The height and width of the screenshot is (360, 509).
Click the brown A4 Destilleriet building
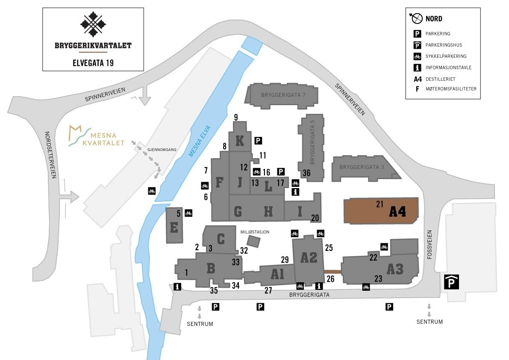[x=380, y=210]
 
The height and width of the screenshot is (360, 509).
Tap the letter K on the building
[x=240, y=140]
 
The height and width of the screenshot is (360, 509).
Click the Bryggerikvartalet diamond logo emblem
[x=93, y=24]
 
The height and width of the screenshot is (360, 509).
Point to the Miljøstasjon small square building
[x=253, y=242]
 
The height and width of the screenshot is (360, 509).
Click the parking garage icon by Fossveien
[x=451, y=282]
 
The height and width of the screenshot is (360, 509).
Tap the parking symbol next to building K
[x=258, y=140]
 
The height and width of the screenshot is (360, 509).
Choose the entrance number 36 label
[x=306, y=173]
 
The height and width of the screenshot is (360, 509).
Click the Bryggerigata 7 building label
[x=283, y=94]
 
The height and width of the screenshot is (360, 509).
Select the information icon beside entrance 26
[x=318, y=286]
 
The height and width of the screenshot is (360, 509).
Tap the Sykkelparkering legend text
[x=446, y=56]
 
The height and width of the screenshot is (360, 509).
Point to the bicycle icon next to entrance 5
[x=188, y=213]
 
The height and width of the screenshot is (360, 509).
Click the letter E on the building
[x=174, y=227]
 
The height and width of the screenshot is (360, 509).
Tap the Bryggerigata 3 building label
[x=362, y=167]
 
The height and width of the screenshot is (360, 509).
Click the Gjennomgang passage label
[x=162, y=150]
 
